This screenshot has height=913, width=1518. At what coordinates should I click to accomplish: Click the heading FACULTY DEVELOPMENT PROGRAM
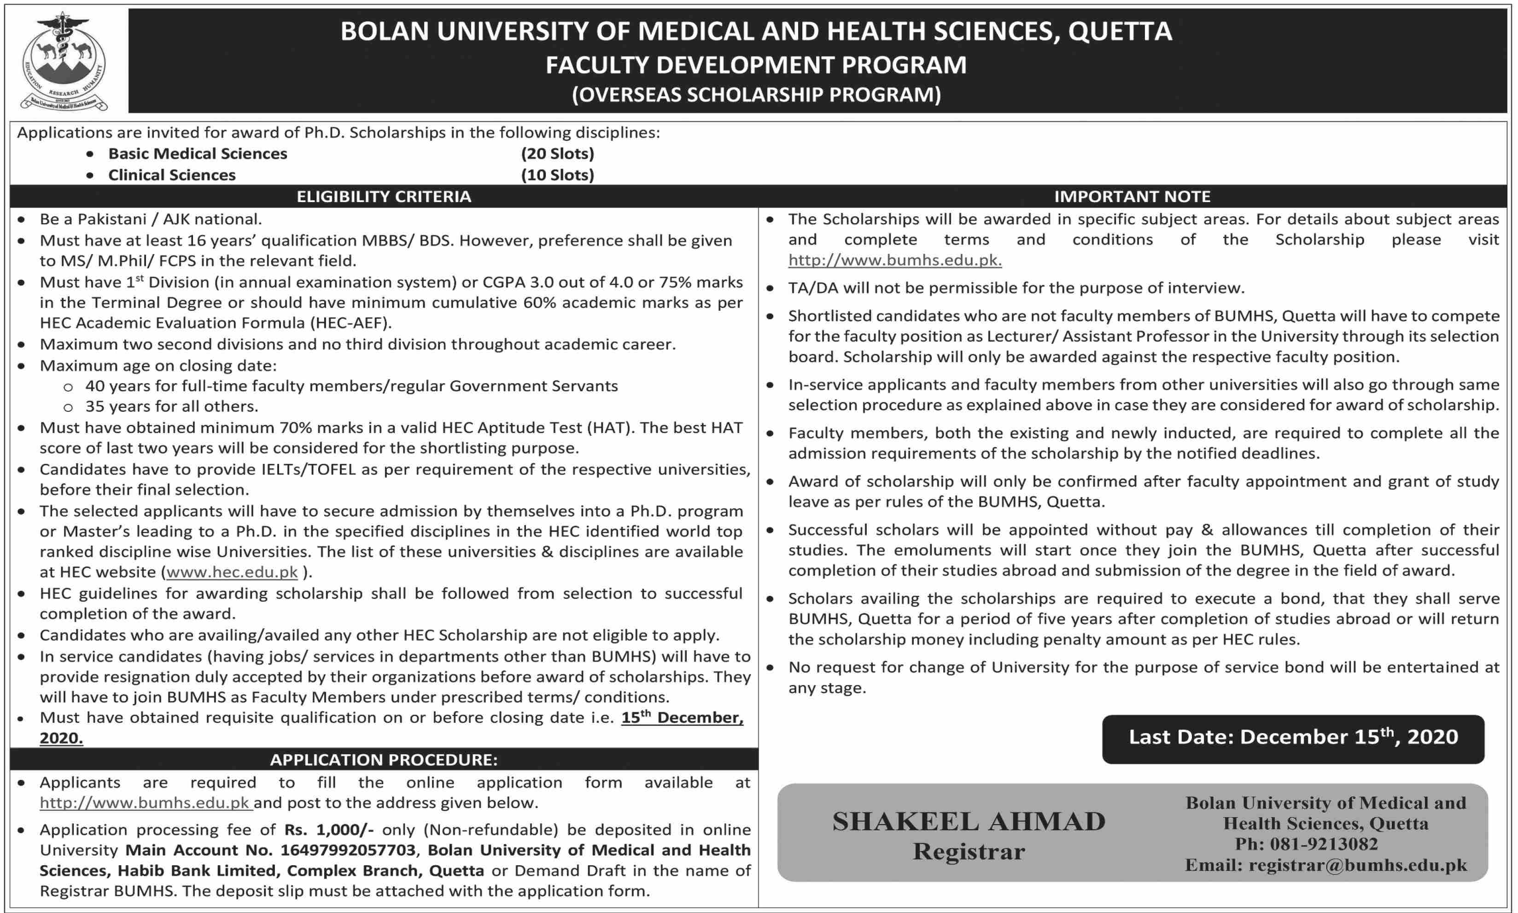point(756,64)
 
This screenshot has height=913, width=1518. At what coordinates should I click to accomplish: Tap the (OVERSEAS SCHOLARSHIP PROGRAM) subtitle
point(756,95)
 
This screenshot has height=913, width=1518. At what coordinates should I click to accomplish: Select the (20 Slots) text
point(557,154)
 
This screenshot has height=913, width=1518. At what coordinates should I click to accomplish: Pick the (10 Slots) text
point(557,175)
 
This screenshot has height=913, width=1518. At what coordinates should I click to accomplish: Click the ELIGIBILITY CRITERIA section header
point(384,196)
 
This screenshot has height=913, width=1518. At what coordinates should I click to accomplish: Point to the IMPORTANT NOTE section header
point(1132,196)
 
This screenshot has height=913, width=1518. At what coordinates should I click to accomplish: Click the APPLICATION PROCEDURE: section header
point(384,760)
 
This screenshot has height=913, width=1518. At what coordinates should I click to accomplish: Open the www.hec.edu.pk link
point(232,572)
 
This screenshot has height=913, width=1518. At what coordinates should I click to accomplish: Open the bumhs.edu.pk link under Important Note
point(894,260)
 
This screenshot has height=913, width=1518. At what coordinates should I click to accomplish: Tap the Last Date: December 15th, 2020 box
point(1293,738)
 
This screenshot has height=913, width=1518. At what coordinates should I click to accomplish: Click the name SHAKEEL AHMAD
point(968,822)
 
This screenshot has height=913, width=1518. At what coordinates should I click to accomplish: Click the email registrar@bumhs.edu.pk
point(1357,866)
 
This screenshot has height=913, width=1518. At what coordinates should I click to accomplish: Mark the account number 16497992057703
point(348,850)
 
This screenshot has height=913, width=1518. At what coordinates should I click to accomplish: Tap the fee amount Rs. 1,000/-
point(329,830)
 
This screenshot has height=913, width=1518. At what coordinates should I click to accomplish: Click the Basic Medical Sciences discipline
point(198,154)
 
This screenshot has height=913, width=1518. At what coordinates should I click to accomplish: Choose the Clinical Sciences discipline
point(172,175)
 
